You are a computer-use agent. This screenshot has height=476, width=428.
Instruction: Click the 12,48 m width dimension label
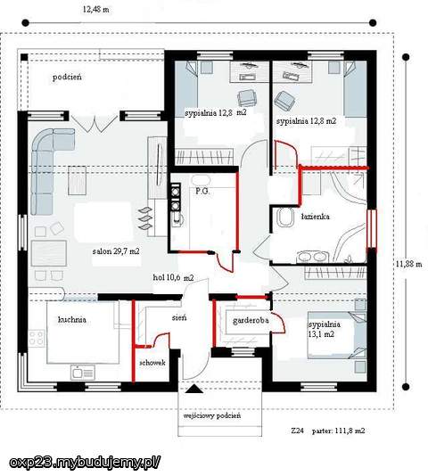(x=96, y=10)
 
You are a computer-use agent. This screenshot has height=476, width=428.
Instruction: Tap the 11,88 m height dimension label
(x=409, y=264)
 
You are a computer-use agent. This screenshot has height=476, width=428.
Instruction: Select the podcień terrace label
(x=67, y=78)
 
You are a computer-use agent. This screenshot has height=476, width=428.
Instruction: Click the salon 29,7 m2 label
(x=116, y=251)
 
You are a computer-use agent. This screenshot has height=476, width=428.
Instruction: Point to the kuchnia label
(x=72, y=319)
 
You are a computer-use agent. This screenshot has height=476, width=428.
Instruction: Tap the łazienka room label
(x=316, y=217)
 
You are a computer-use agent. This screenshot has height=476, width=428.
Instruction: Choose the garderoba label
(x=251, y=321)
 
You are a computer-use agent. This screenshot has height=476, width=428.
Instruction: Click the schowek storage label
(x=152, y=363)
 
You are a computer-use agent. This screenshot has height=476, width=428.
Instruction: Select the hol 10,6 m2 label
(x=173, y=277)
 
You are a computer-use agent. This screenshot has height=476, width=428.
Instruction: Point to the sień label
(x=179, y=317)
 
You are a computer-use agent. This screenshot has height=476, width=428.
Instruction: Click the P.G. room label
(x=202, y=192)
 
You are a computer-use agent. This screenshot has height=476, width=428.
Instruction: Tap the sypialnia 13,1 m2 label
(x=325, y=329)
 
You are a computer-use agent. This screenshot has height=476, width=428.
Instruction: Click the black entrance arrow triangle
(x=194, y=389)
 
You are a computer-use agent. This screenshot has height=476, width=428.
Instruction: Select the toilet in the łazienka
(x=285, y=217)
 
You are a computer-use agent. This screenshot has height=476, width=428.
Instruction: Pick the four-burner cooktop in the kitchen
(x=37, y=339)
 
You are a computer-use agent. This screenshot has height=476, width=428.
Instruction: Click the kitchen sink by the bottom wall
(x=83, y=372)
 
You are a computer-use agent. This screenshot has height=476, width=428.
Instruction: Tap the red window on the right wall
(x=372, y=229)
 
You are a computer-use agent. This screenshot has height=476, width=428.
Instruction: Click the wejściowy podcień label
(x=212, y=415)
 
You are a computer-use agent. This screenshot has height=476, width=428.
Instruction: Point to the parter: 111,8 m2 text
(x=339, y=431)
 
